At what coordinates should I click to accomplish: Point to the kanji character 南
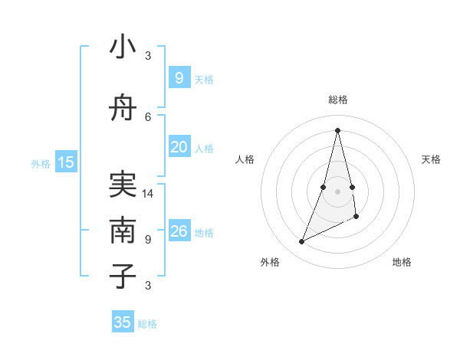coord(123,230)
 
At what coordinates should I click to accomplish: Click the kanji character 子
coord(123,276)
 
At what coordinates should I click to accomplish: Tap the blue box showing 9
coord(179,78)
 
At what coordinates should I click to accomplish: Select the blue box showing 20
coord(179,147)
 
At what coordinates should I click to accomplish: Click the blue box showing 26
coord(179,231)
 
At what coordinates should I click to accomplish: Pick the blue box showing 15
coord(66,162)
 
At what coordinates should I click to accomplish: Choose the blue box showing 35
coord(123,322)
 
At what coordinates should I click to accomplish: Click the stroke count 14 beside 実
coord(149,194)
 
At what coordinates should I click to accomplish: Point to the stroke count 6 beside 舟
coord(148,116)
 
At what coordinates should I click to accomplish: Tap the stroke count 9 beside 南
coord(148,239)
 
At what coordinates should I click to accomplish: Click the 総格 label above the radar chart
coord(337,100)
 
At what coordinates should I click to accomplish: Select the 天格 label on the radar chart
coord(431,159)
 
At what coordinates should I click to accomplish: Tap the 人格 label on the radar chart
coord(245,159)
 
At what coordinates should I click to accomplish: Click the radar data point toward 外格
coord(301,242)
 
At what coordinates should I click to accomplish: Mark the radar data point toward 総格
coord(337,129)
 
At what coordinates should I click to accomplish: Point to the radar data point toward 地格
coord(356,217)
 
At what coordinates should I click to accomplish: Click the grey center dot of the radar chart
coord(337,191)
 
